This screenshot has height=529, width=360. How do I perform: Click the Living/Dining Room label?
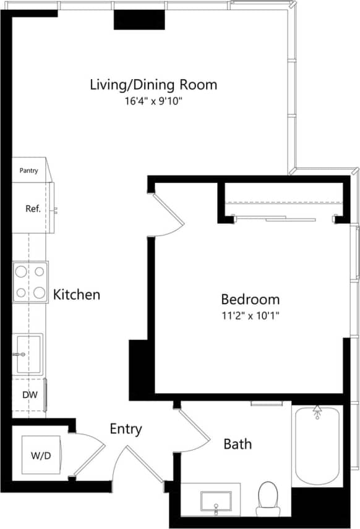pyautogui.click(x=153, y=85)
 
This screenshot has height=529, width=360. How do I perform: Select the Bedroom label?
pyautogui.click(x=251, y=299)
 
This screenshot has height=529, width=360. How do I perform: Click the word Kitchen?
pyautogui.click(x=77, y=294)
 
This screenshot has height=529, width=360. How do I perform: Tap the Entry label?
pyautogui.click(x=126, y=429)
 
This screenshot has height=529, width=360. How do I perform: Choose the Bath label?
pyautogui.click(x=238, y=444)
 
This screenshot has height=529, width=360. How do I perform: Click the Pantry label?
pyautogui.click(x=28, y=171)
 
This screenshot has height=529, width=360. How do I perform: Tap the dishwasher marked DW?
pyautogui.click(x=29, y=394)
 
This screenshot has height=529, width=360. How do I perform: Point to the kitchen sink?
pyautogui.click(x=28, y=355)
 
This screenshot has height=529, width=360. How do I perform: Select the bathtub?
pyautogui.click(x=317, y=445)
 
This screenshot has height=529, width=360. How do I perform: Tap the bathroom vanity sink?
pyautogui.click(x=216, y=501)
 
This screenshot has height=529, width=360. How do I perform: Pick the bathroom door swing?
pyautogui.click(x=193, y=430)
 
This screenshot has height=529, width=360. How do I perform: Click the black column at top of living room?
pyautogui.click(x=140, y=20)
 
